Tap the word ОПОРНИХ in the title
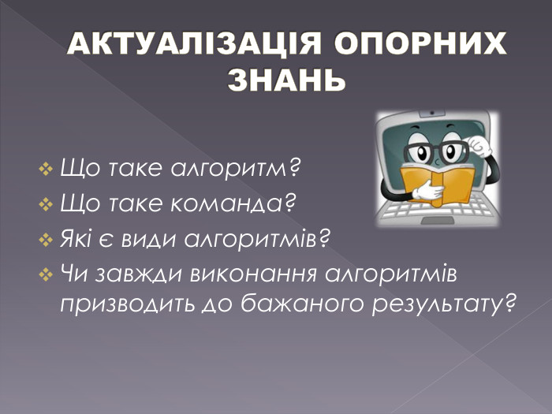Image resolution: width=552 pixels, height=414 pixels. [416, 45]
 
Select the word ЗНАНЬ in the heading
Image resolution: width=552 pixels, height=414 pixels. [287, 80]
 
